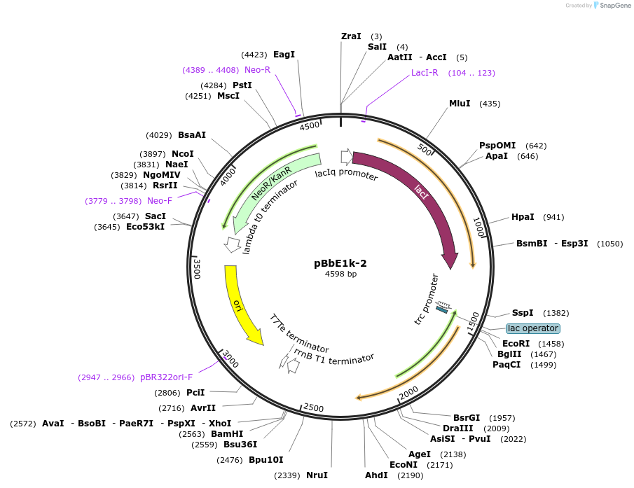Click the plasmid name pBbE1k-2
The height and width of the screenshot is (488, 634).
(x=340, y=263)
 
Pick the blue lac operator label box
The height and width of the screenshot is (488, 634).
(x=533, y=328)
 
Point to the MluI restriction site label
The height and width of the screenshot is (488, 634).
(x=460, y=104)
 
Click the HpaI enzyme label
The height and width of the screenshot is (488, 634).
(x=523, y=217)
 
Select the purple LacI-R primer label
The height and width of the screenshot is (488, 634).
(x=425, y=73)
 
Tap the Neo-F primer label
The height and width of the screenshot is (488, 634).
(x=160, y=201)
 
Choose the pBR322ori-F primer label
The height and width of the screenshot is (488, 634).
(x=166, y=377)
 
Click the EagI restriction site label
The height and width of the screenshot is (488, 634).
(x=284, y=54)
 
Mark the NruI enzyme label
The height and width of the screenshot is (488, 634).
(x=317, y=475)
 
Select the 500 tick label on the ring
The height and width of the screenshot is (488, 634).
(x=425, y=148)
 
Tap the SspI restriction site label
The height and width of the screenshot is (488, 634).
(x=522, y=313)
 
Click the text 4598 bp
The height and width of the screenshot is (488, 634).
(x=340, y=274)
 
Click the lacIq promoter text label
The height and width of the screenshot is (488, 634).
(x=346, y=174)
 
